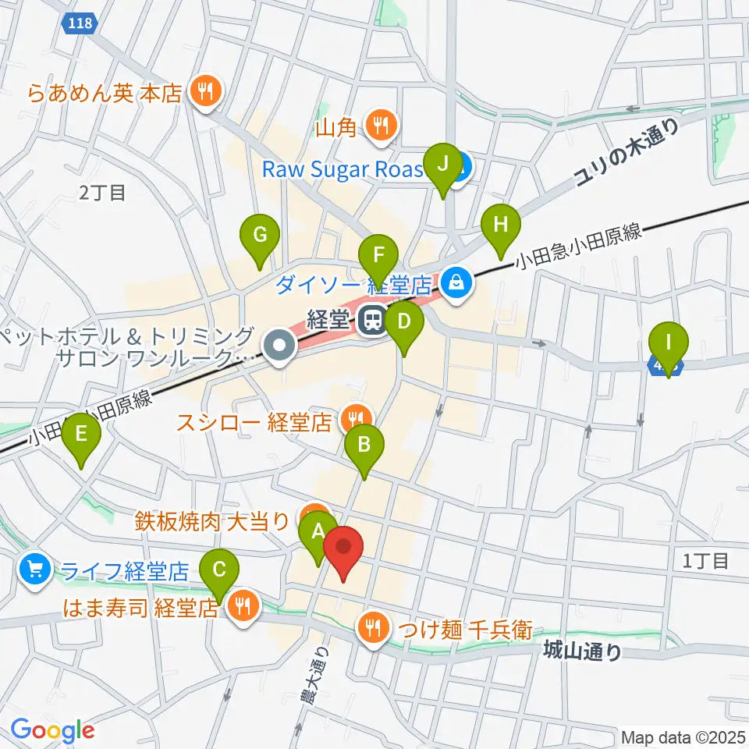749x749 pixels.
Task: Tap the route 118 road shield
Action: tap(80, 24)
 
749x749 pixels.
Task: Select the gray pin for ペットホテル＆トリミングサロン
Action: tap(279, 347)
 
